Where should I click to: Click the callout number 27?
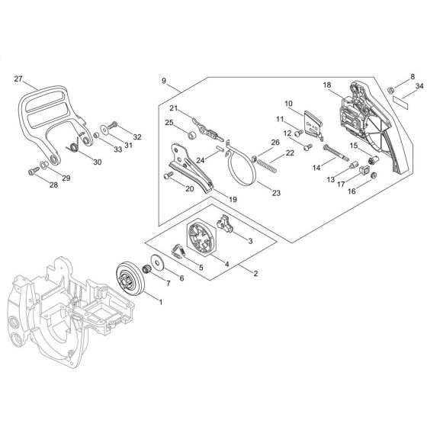click(x=19, y=78)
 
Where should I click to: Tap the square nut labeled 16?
click(x=374, y=175)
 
